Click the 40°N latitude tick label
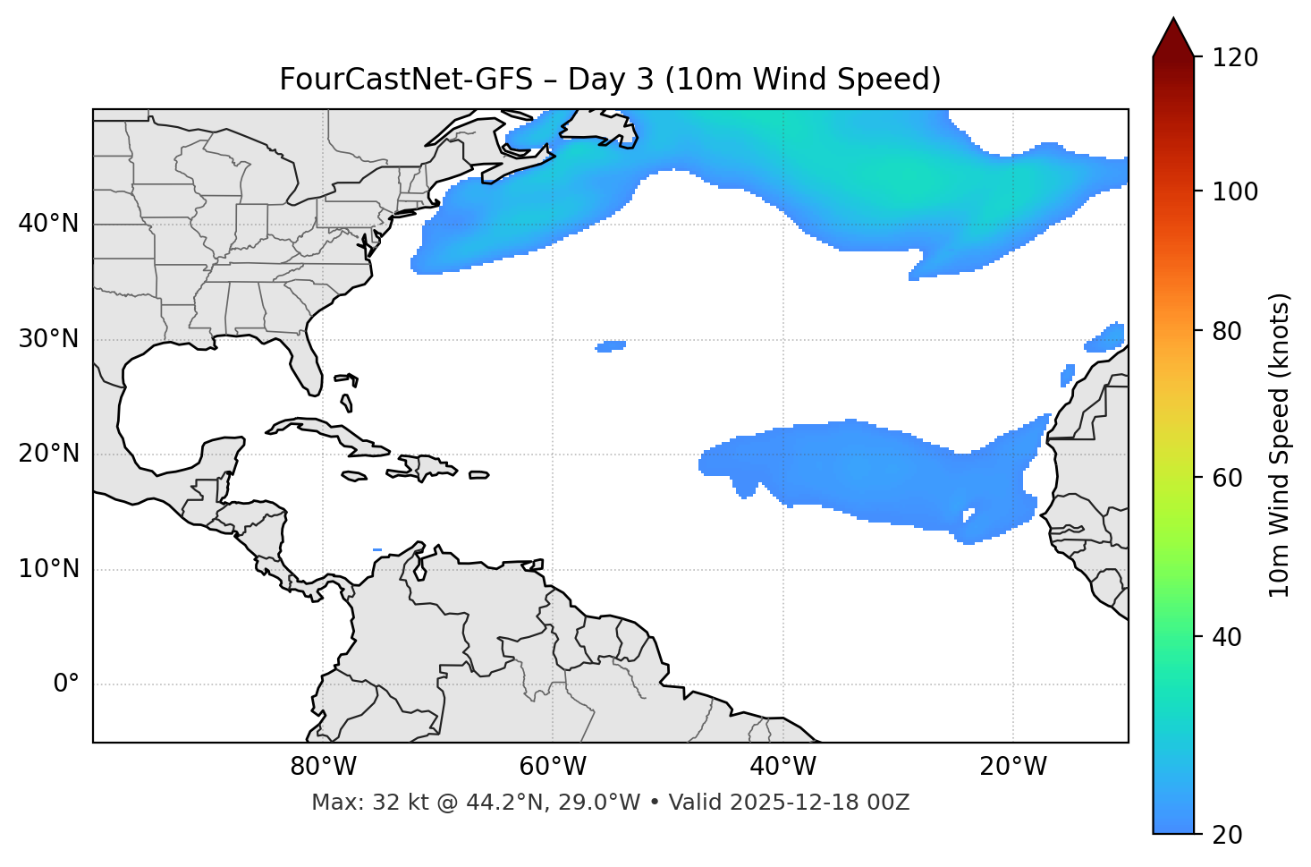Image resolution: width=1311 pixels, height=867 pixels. pyautogui.click(x=48, y=224)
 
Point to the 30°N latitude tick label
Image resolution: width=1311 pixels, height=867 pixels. pyautogui.click(x=48, y=339)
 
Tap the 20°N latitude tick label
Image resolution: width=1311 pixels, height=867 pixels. pyautogui.click(x=48, y=454)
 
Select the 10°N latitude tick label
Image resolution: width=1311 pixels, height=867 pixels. pyautogui.click(x=48, y=569)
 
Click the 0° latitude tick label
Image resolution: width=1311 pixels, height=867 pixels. pyautogui.click(x=66, y=684)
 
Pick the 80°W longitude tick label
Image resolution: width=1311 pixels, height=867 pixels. pyautogui.click(x=323, y=767)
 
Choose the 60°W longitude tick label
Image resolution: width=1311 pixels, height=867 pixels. pyautogui.click(x=553, y=767)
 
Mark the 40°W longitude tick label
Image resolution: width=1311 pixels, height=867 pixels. pyautogui.click(x=782, y=767)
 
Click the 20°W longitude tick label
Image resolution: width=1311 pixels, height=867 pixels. pyautogui.click(x=1013, y=767)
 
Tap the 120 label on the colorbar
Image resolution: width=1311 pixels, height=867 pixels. pyautogui.click(x=1233, y=58)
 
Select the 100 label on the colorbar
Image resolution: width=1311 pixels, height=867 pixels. pyautogui.click(x=1233, y=191)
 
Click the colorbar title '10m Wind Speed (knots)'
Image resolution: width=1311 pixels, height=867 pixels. pyautogui.click(x=1280, y=445)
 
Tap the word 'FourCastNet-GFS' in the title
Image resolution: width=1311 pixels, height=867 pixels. pyautogui.click(x=405, y=80)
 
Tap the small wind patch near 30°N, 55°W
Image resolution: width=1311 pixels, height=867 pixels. pyautogui.click(x=612, y=346)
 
